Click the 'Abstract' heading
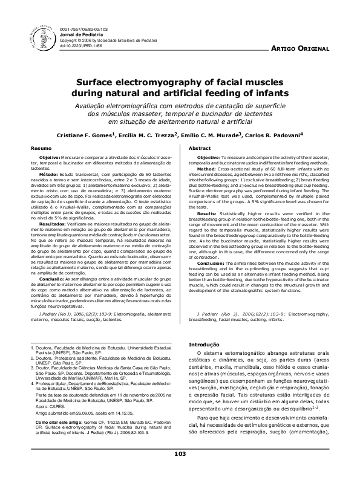coord(200,148)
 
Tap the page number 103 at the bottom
coord(180,470)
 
